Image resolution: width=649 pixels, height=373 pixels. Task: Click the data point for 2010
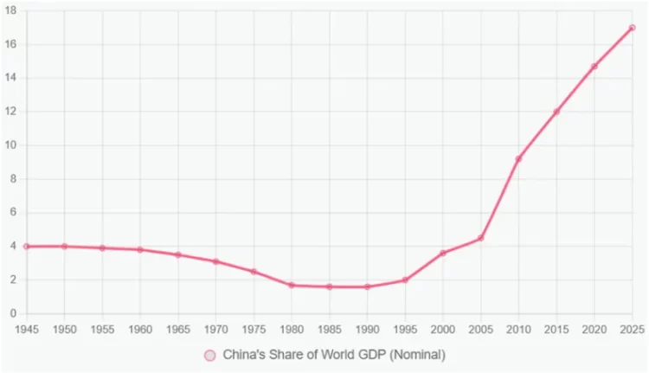point(518,158)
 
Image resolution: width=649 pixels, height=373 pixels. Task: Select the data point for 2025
point(632,28)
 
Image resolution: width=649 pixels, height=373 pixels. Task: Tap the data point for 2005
point(480,238)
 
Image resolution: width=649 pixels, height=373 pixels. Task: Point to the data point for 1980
point(292,285)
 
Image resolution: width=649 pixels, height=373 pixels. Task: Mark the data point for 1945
point(27,247)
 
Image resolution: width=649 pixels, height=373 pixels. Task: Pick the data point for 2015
point(556,112)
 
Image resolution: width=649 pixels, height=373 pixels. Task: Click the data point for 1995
point(405,280)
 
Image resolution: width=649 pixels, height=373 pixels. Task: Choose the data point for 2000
point(443,253)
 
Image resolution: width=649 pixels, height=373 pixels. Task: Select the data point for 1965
point(178,254)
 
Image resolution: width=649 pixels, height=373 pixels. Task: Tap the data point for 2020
point(594,66)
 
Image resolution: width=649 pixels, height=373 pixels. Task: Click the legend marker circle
point(209,355)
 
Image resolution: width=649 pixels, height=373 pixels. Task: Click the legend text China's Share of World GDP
point(333,355)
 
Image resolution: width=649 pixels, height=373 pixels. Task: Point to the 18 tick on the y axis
point(11,10)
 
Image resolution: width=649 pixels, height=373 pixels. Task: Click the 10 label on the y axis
point(11,145)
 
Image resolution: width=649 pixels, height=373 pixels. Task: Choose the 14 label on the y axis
point(11,78)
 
